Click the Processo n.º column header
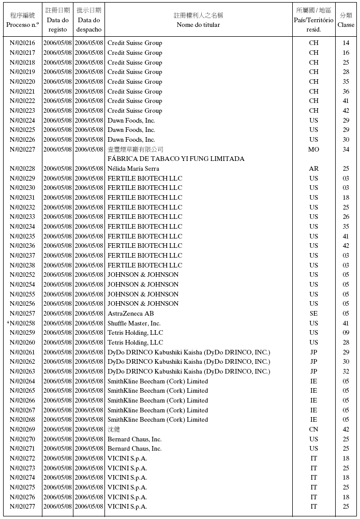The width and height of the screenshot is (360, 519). (22, 20)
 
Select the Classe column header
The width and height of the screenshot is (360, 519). (346, 20)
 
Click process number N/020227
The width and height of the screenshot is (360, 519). (22, 150)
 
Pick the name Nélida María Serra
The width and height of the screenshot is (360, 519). (133, 169)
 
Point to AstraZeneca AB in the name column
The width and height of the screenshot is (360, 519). (130, 314)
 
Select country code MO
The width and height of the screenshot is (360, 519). (313, 150)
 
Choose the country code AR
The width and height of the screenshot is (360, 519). (313, 169)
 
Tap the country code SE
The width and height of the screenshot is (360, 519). (313, 314)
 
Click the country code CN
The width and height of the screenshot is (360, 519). (313, 429)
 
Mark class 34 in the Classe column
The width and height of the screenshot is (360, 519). (346, 150)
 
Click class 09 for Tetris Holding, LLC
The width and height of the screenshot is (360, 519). (346, 333)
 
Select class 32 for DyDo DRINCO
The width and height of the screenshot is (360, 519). (346, 372)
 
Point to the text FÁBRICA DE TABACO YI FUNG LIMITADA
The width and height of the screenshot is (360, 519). (176, 159)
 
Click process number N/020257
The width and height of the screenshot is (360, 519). (22, 314)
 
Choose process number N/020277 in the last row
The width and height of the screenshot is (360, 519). (22, 507)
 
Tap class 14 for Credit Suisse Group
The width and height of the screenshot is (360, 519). (346, 43)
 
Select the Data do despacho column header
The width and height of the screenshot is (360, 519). (89, 20)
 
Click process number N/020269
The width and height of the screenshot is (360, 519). (22, 429)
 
